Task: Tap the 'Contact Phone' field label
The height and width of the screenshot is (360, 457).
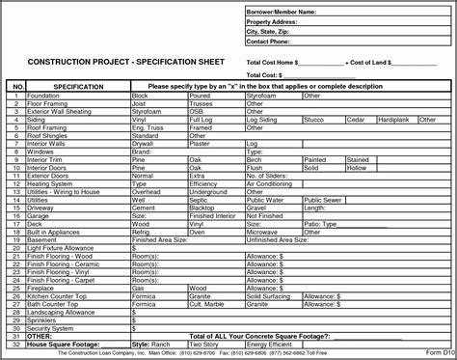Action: (x=270, y=42)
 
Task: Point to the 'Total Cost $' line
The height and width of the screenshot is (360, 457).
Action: (x=270, y=74)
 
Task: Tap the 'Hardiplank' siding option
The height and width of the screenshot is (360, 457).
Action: (x=394, y=118)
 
